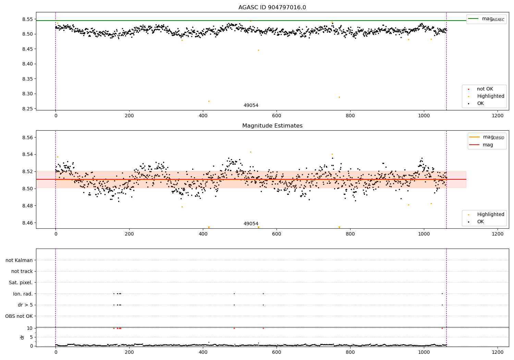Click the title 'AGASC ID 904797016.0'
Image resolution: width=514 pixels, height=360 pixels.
[x=272, y=8]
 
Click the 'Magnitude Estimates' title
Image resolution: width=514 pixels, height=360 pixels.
[x=272, y=126]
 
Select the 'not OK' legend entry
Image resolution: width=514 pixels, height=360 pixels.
[x=485, y=89]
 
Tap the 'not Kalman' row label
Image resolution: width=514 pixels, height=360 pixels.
[x=19, y=260]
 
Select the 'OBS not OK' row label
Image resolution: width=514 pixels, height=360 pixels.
[x=19, y=316]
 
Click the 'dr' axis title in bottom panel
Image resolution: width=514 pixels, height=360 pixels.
[x=22, y=337]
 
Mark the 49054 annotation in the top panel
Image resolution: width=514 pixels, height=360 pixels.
[x=251, y=106]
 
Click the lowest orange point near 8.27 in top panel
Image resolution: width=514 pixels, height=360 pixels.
[x=209, y=101]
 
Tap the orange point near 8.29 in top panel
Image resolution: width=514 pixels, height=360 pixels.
[x=339, y=97]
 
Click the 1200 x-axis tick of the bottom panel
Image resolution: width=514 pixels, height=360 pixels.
[x=498, y=352]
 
